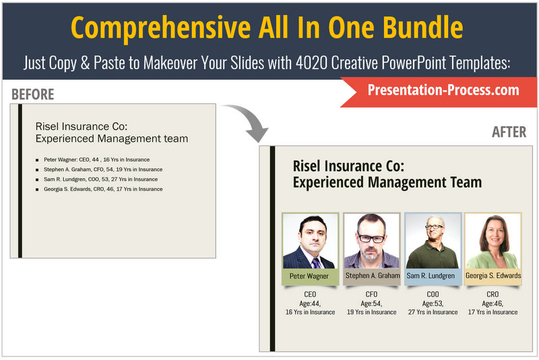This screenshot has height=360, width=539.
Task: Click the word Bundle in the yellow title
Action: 423,28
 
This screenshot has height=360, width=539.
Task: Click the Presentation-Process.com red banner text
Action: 443,90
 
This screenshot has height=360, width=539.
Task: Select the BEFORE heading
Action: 32,94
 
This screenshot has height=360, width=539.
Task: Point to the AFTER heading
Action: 509,131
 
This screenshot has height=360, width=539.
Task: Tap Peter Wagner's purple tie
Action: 316,263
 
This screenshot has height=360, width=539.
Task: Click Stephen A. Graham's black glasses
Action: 371,238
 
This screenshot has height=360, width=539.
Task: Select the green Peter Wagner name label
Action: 310,276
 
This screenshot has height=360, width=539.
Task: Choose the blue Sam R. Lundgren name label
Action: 433,276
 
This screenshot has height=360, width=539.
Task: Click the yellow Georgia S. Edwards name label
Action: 493,276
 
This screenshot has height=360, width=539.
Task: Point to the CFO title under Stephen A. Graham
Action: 372,295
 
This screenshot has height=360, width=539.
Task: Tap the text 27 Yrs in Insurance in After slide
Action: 433,312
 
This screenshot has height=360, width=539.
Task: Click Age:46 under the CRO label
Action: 493,303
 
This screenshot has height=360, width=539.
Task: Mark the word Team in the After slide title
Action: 466,182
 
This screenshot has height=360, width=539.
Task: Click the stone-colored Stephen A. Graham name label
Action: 372,276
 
